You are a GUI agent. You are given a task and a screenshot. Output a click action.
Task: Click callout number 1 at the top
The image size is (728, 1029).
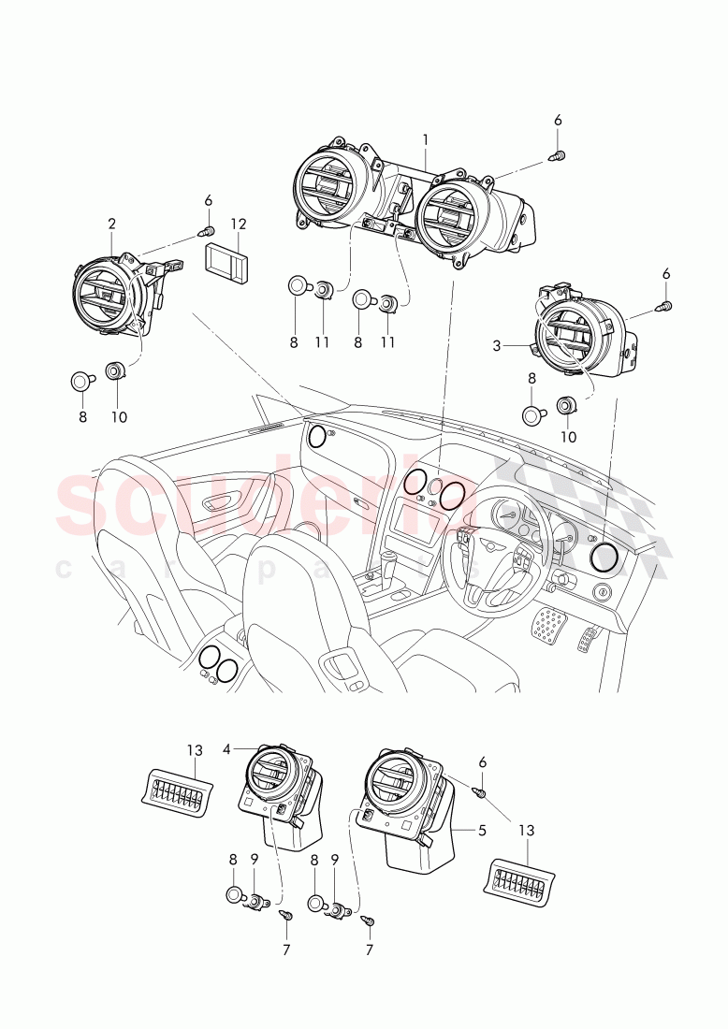pos(425,138)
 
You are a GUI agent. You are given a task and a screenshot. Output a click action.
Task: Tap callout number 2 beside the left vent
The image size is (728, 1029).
pos(112,224)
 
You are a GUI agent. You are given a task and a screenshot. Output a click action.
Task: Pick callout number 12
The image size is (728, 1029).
pos(239,224)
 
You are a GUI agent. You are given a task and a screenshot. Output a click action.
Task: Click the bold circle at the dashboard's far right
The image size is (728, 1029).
pos(604,558)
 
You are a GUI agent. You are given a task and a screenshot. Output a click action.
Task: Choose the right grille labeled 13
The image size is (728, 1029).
pos(518,881)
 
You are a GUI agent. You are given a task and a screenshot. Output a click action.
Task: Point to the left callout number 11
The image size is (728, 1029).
pos(322,343)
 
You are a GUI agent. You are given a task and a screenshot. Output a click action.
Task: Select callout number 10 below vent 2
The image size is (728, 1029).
pos(120,417)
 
